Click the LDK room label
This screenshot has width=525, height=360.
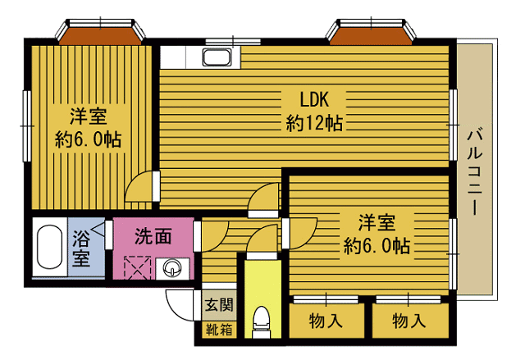click(313, 100)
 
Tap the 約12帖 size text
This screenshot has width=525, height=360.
click(314, 124)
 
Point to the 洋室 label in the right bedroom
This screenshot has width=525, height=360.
click(377, 221)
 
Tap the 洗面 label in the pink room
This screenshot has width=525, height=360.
click(153, 237)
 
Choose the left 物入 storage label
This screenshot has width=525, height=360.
click(326, 321)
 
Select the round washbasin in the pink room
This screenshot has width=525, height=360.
click(173, 267)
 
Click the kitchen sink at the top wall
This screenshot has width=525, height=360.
click(217, 58)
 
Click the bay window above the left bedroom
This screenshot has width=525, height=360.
click(99, 34)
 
